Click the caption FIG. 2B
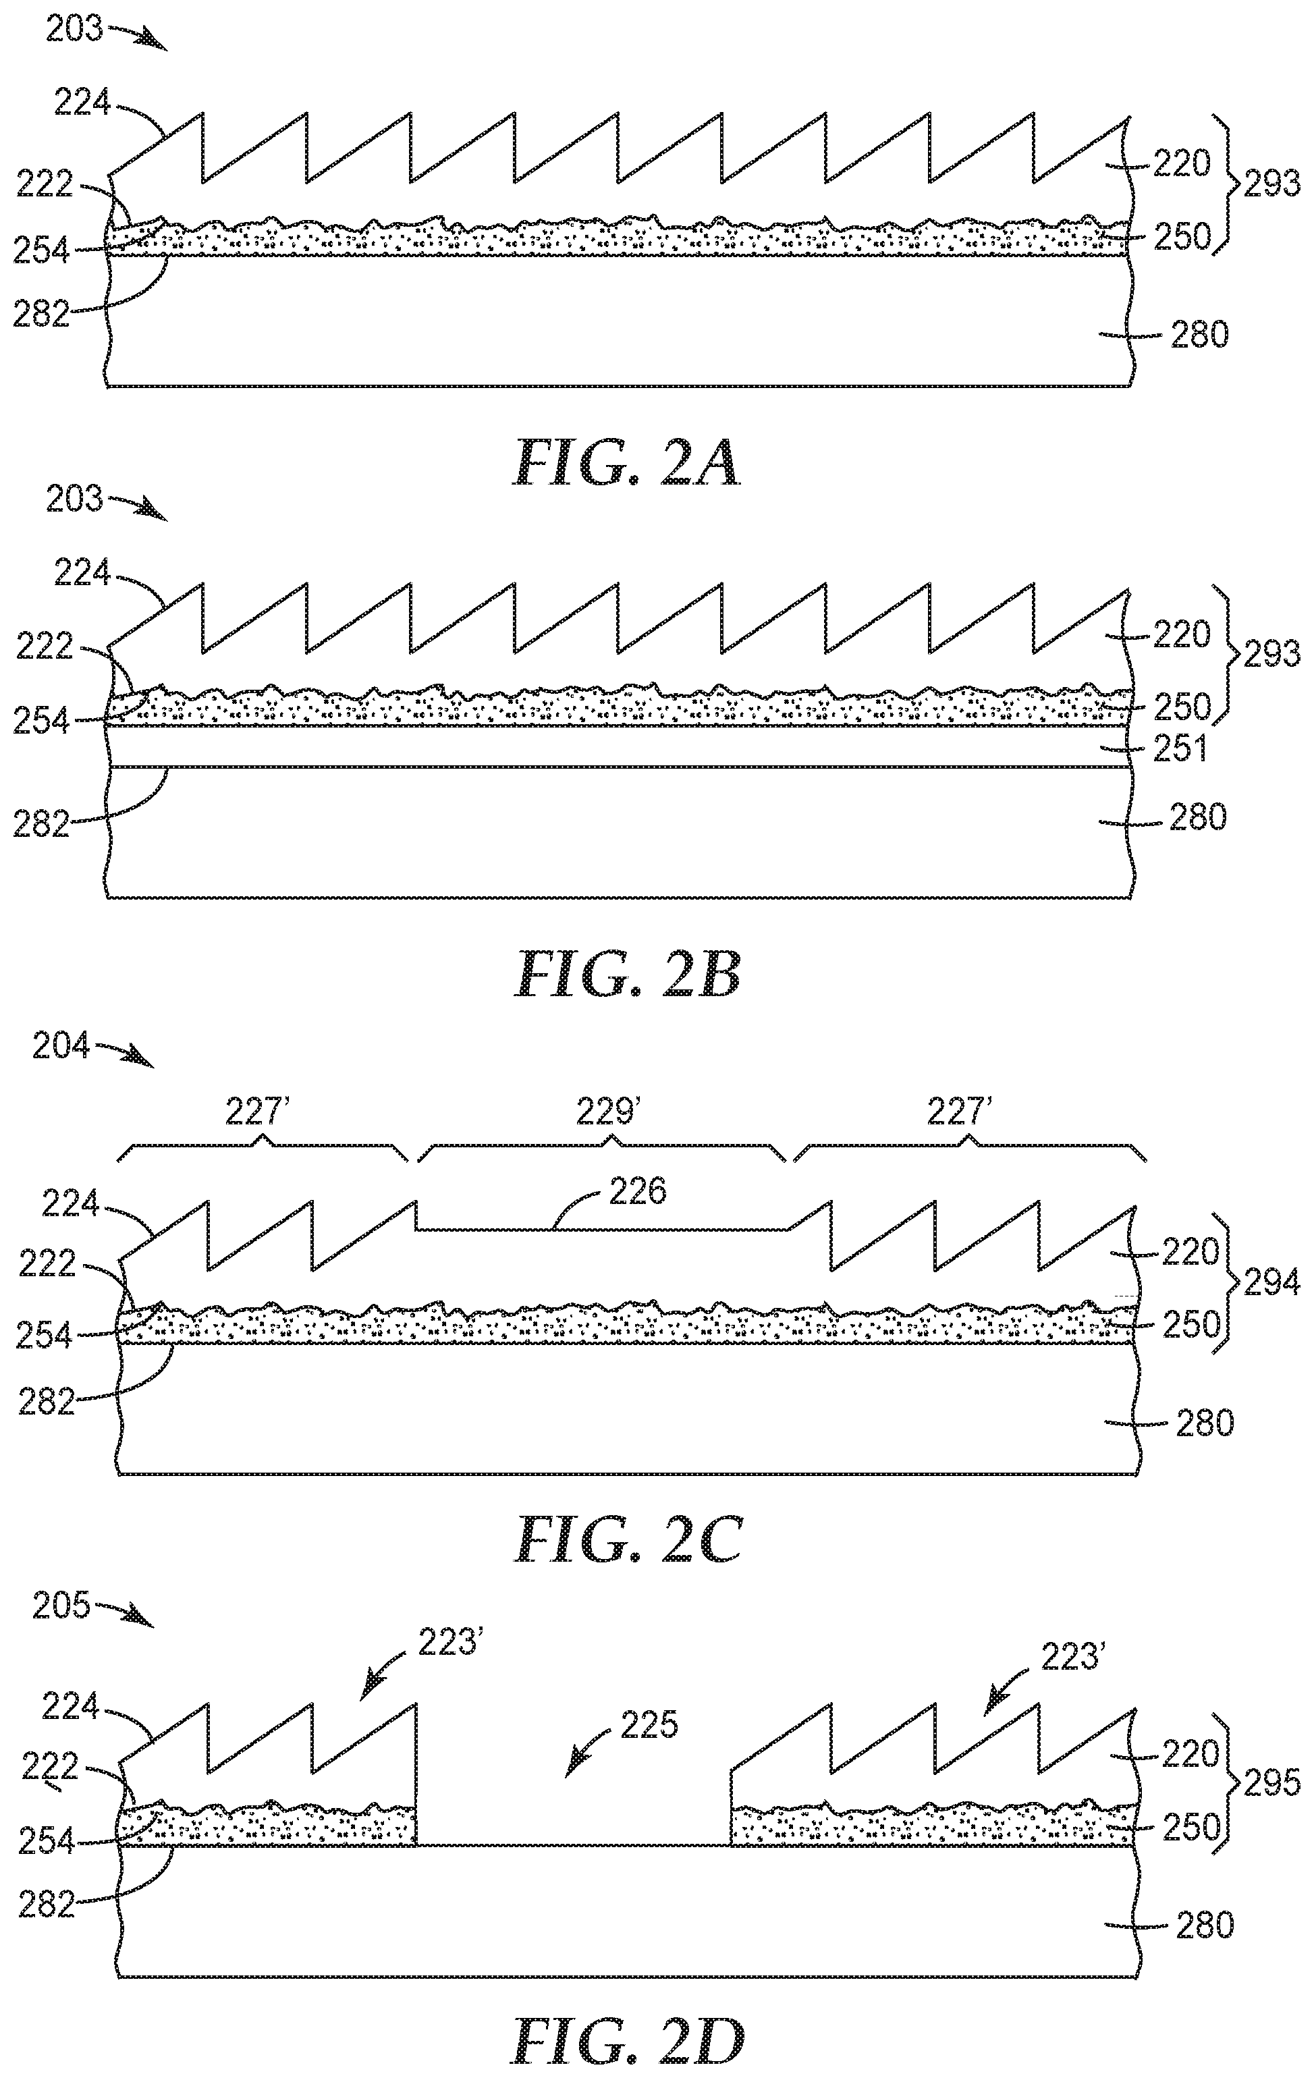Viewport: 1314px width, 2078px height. [627, 975]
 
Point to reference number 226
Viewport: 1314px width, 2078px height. [638, 1192]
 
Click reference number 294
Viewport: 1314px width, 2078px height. [1271, 1284]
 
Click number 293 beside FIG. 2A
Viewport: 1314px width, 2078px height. [1271, 184]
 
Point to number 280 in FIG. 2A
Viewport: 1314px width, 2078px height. [1199, 334]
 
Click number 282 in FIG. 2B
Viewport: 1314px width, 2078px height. [40, 824]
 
